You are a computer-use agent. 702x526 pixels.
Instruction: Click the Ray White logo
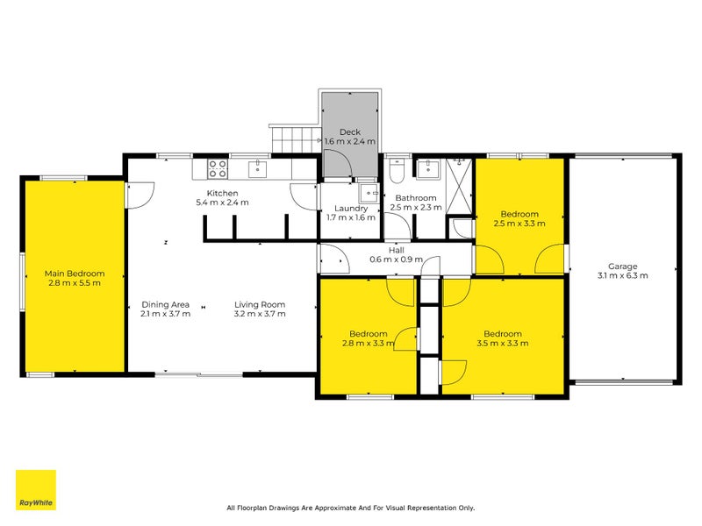point(36,490)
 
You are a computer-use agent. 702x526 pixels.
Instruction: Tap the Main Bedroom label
point(75,274)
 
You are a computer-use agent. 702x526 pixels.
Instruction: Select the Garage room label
point(622,267)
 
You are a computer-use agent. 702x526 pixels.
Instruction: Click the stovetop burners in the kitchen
point(217,169)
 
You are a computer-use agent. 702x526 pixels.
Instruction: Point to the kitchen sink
point(257,169)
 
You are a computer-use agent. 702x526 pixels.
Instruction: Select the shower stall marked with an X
point(459,187)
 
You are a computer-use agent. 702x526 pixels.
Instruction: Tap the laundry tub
point(369,193)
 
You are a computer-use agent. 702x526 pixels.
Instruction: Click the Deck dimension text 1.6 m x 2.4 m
point(350,141)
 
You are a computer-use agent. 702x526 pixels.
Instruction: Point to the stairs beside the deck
point(296,139)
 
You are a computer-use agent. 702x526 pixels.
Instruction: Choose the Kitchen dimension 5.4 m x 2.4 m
point(223,203)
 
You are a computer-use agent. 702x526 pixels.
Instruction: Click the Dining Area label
point(166,304)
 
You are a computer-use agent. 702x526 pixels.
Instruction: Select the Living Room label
point(260,304)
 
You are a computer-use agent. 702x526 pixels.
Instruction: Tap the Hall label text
point(397,250)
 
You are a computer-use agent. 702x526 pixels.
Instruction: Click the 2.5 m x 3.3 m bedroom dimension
point(519,224)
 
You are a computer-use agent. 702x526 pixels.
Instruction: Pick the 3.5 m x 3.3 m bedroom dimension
point(502,343)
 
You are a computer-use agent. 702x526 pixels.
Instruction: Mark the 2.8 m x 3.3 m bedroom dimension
point(368,343)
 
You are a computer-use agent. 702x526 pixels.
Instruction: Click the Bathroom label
point(416,198)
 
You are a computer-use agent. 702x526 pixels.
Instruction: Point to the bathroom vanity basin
point(427,169)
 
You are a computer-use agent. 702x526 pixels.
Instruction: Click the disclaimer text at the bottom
point(350,508)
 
